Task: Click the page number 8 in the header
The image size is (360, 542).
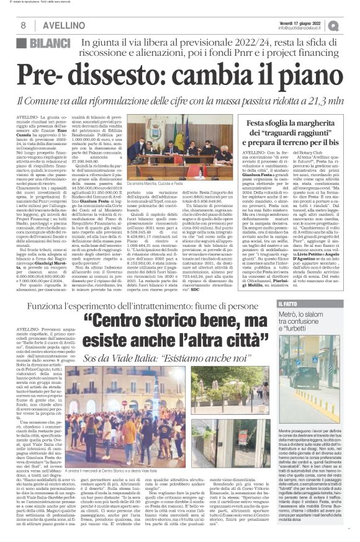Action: coord(23,25)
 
